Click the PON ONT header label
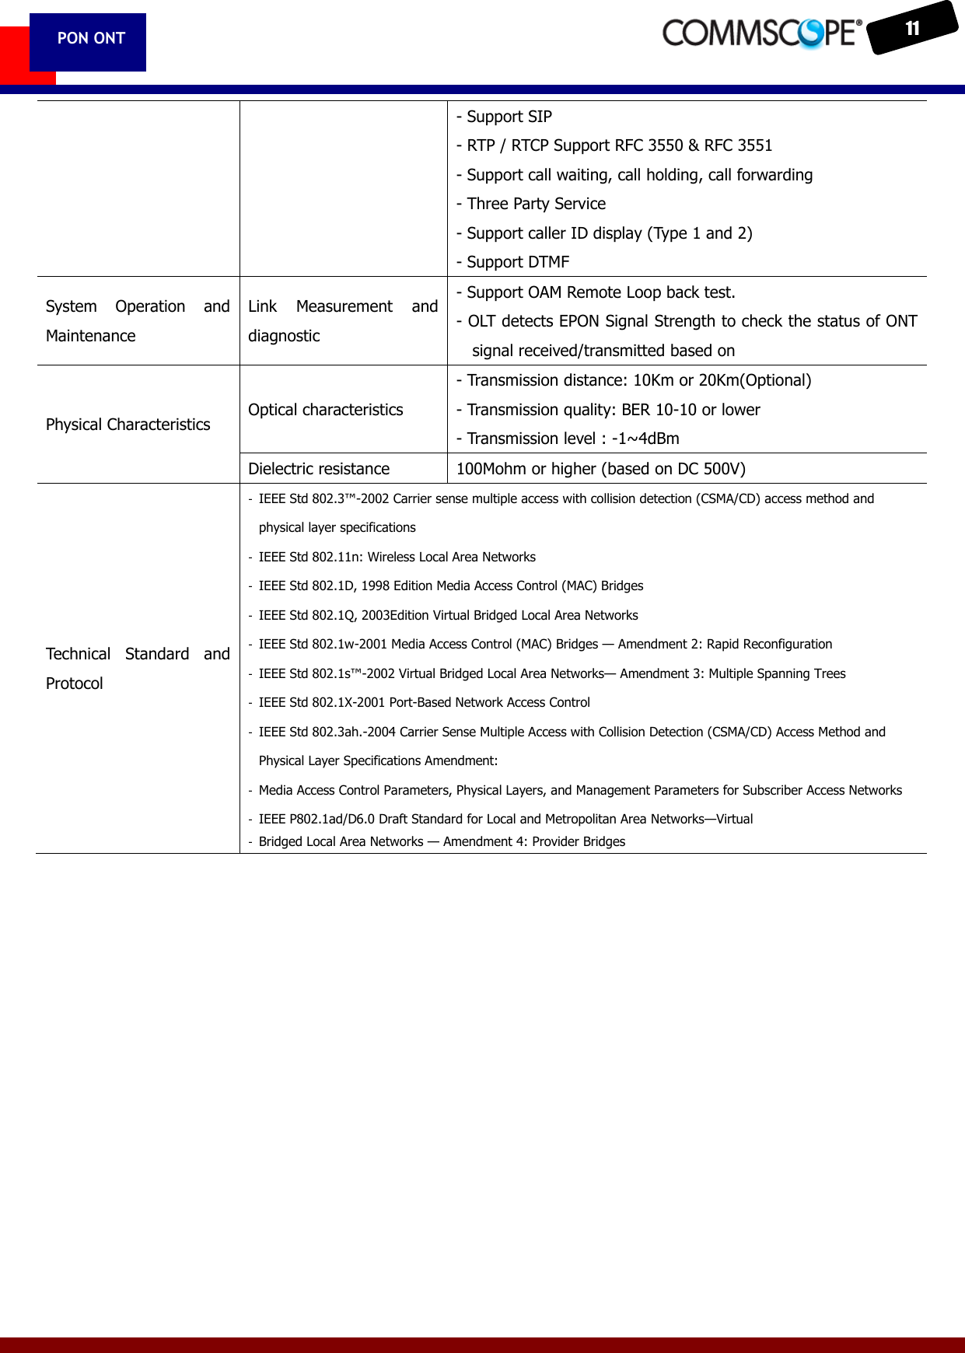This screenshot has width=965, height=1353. (x=91, y=38)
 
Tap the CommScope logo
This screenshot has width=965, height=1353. (x=761, y=33)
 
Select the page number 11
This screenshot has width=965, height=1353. (x=912, y=29)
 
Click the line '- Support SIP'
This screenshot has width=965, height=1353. (x=504, y=117)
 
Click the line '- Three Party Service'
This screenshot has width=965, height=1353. (x=531, y=204)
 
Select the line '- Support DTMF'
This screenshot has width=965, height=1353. (x=513, y=262)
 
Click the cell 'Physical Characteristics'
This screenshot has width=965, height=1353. (x=128, y=425)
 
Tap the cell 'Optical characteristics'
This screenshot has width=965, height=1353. (x=326, y=410)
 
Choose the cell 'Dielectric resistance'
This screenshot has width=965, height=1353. (x=319, y=469)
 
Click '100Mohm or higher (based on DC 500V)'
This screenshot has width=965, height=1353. (x=600, y=469)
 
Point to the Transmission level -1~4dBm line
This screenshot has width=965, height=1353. (x=568, y=439)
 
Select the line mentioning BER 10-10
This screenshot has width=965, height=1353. (x=608, y=410)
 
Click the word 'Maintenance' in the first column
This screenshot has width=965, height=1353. (x=91, y=336)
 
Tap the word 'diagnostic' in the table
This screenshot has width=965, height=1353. (x=284, y=336)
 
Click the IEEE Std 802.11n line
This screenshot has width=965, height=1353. (x=397, y=557)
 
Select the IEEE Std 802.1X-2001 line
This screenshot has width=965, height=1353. (x=424, y=702)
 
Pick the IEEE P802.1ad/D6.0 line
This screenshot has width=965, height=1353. (x=505, y=819)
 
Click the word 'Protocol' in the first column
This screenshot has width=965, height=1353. (x=75, y=683)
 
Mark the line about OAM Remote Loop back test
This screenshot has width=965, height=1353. (x=596, y=292)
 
